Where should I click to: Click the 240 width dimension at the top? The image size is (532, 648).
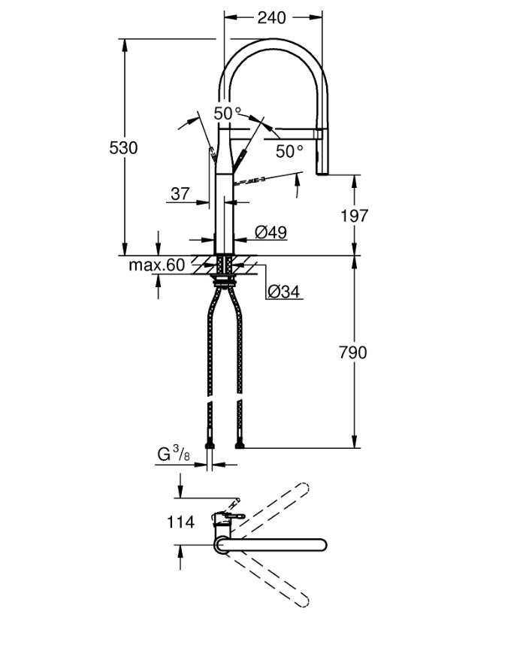coord(271,17)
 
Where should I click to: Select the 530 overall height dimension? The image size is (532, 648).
coord(123,148)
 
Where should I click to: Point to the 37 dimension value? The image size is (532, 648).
coord(180,193)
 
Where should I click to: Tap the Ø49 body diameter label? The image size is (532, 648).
coord(271,233)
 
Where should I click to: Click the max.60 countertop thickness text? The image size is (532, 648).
coord(156,265)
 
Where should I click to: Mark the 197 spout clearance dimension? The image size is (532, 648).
coord(353,216)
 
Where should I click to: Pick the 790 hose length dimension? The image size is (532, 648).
coord(353,351)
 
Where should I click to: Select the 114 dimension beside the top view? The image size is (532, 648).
coord(180,521)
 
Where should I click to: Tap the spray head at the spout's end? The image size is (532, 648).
coord(322,154)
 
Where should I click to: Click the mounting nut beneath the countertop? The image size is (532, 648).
coord(224,281)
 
